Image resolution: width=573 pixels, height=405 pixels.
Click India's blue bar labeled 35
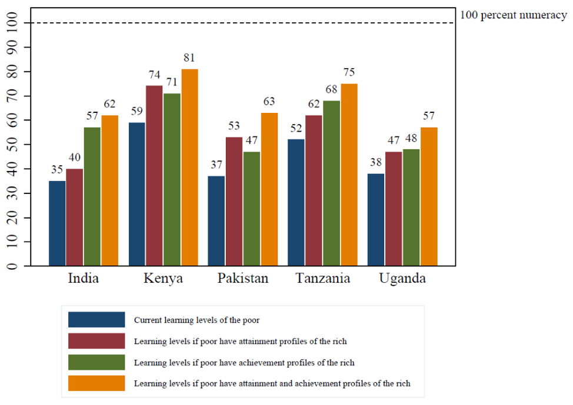point(57,223)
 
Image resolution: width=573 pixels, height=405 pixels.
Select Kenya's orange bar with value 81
point(189,168)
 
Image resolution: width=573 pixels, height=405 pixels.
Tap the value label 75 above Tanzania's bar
point(349,73)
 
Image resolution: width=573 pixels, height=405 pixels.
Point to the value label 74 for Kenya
point(154,75)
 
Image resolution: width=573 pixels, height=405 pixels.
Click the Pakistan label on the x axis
point(242,279)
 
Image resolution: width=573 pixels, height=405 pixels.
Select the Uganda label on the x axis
point(402,279)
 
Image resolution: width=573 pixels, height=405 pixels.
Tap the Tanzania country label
point(322,279)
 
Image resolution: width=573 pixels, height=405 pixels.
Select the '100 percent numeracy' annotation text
point(513,15)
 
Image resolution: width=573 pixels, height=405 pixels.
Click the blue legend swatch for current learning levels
point(96,320)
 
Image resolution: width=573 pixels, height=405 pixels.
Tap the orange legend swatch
point(96,383)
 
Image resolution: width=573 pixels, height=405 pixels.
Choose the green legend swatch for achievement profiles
point(96,362)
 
